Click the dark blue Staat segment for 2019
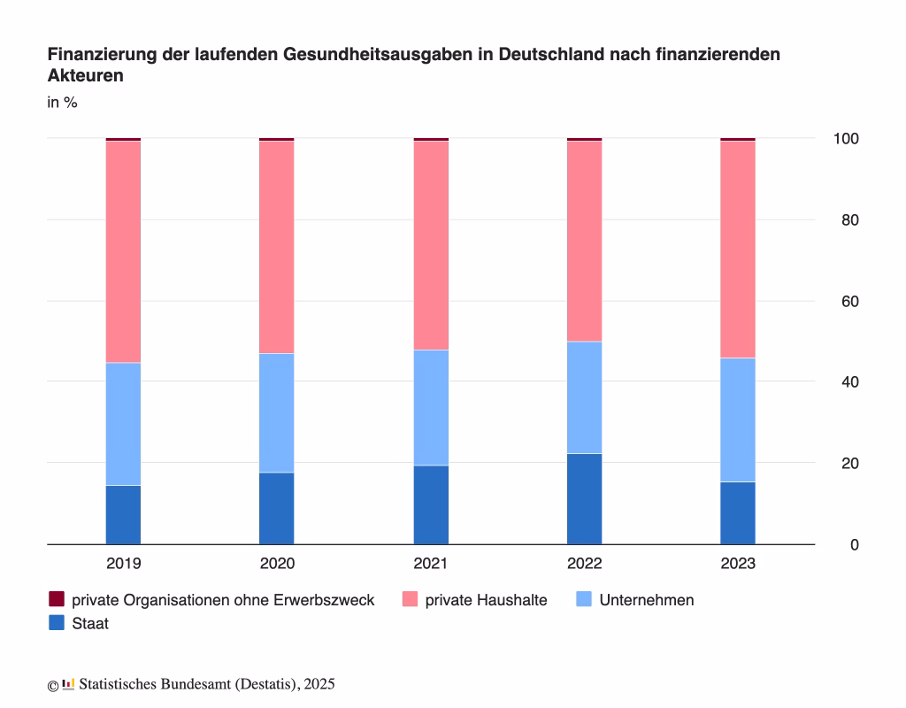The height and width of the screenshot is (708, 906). (123, 514)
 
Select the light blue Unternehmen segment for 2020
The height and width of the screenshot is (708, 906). (276, 413)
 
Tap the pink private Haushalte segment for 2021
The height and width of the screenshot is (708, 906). (431, 246)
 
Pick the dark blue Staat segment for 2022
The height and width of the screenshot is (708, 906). (584, 499)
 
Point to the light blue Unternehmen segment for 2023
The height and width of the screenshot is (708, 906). (738, 420)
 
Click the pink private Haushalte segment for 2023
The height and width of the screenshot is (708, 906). (738, 250)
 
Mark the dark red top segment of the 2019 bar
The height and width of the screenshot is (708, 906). (123, 139)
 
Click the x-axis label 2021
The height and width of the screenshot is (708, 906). (431, 564)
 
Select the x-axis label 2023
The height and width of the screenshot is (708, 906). (738, 564)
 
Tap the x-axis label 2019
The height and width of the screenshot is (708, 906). (124, 564)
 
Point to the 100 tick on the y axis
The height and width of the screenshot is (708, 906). (846, 139)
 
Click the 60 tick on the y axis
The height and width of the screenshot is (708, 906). (850, 301)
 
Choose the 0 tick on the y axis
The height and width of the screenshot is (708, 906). (855, 545)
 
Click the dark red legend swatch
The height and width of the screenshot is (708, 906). (56, 599)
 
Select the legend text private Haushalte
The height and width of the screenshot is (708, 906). (486, 601)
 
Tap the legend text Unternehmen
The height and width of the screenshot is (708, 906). (647, 600)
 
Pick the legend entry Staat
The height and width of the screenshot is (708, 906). (79, 623)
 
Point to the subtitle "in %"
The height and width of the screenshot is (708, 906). (63, 103)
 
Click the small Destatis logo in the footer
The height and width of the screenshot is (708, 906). (68, 684)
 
